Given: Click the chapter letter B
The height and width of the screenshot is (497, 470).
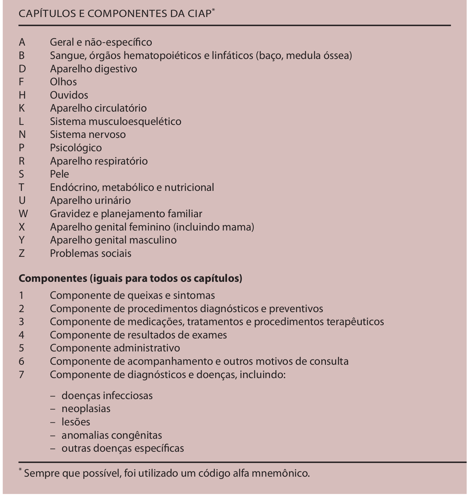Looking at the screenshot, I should (22, 56).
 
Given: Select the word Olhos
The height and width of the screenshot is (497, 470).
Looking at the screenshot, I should (63, 82).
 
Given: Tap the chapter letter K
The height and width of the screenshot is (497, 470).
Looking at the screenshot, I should (22, 108).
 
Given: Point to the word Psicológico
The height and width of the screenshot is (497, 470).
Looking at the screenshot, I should (76, 148).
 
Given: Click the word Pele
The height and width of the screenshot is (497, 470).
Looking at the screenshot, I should (60, 174).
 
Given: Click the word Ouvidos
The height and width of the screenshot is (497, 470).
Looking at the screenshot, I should (69, 95).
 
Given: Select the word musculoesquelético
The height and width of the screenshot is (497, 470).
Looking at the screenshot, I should (135, 122).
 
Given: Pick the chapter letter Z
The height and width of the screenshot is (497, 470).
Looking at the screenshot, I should (22, 253).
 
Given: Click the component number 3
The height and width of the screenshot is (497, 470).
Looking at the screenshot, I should (21, 322).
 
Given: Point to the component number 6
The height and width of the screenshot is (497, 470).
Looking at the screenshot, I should (21, 361).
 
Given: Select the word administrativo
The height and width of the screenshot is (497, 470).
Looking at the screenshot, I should (147, 348).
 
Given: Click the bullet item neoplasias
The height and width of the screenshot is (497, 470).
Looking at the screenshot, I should (86, 409).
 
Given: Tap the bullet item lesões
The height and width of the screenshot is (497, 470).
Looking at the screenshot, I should (76, 422).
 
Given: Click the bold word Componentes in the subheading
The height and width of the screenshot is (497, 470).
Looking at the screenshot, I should (53, 278).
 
